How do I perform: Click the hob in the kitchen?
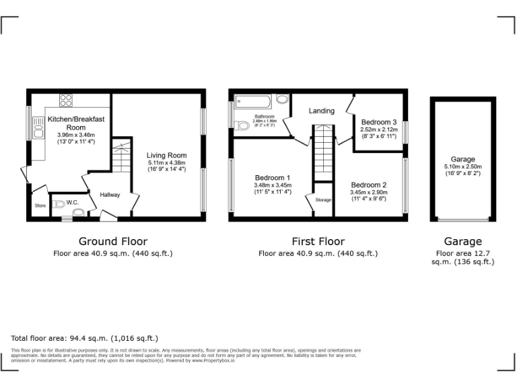(66, 101)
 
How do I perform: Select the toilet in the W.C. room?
(59, 203)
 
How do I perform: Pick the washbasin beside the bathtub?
(281, 100)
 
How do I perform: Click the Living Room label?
(166, 155)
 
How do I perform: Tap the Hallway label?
(110, 195)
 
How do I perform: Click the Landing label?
(322, 110)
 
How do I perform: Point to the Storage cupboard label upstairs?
(323, 199)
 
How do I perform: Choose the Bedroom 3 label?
(379, 122)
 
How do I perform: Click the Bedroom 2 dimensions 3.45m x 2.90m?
(369, 192)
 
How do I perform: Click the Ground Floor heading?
(113, 241)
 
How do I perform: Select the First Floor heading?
(318, 241)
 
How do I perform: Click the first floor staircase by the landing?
(324, 152)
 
